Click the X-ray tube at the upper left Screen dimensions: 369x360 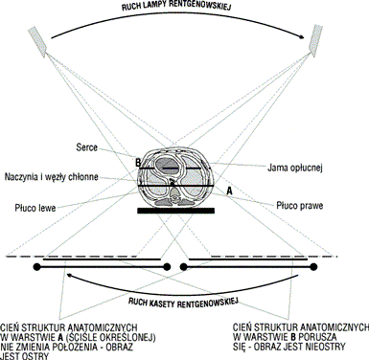click(38, 41)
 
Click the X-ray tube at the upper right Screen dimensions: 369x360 click(315, 38)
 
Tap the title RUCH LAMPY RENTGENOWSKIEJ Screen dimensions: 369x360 click(176, 7)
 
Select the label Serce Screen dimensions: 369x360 click(86, 147)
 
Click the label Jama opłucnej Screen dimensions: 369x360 click(294, 168)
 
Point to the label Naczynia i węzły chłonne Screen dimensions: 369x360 click(51, 177)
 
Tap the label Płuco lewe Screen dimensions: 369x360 click(35, 208)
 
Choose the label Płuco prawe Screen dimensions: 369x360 click(299, 206)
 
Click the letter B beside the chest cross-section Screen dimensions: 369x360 click(138, 163)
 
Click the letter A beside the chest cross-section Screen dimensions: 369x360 click(229, 191)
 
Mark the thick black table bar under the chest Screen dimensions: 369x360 click(175, 211)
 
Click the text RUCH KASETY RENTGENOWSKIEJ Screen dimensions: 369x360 click(183, 303)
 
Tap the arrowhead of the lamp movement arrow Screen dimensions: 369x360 click(301, 37)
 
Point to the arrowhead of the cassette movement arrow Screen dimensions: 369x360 click(70, 275)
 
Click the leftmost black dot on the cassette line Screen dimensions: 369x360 click(37, 267)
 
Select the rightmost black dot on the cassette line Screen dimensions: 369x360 click(313, 267)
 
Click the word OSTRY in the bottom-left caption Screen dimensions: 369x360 click(35, 356)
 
